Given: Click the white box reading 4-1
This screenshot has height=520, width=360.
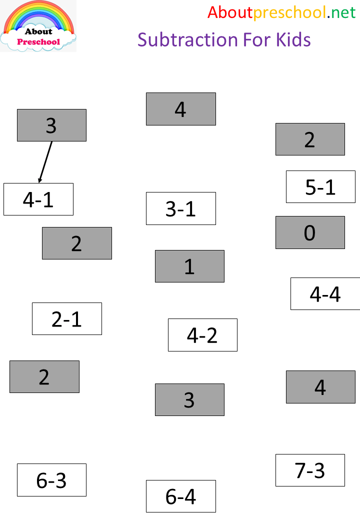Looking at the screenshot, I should pyautogui.click(x=38, y=199).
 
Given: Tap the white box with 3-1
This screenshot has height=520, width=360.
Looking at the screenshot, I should pyautogui.click(x=180, y=208).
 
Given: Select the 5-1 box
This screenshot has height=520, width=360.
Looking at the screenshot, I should pyautogui.click(x=320, y=187).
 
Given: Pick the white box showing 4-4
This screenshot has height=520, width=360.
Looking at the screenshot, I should pyautogui.click(x=325, y=294).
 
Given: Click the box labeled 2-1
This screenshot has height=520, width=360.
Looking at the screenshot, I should pyautogui.click(x=66, y=318).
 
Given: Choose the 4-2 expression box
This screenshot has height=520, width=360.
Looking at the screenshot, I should pyautogui.click(x=202, y=335).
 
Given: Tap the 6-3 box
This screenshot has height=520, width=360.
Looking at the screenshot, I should pyautogui.click(x=51, y=480).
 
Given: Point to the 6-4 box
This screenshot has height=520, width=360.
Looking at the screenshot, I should pyautogui.click(x=180, y=496).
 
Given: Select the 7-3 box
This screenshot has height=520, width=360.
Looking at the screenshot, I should pyautogui.click(x=310, y=470).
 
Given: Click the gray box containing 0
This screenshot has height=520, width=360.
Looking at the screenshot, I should pyautogui.click(x=310, y=232).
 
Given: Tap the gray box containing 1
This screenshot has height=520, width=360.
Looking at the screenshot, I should pyautogui.click(x=189, y=266).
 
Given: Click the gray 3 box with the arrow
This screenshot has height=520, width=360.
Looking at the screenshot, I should pyautogui.click(x=51, y=125).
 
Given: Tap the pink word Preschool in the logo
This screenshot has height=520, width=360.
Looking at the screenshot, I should pyautogui.click(x=38, y=42).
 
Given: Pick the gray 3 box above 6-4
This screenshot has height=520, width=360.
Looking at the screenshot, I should pyautogui.click(x=189, y=399).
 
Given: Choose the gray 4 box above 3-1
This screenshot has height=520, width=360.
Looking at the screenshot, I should pyautogui.click(x=180, y=109).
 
